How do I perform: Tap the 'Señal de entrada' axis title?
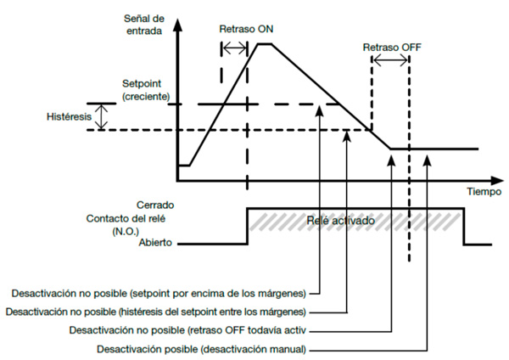142,25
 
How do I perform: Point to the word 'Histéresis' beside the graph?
69,115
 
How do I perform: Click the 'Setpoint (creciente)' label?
146,92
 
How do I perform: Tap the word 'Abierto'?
154,243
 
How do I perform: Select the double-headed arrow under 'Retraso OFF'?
390,60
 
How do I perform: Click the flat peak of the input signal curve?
265,43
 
